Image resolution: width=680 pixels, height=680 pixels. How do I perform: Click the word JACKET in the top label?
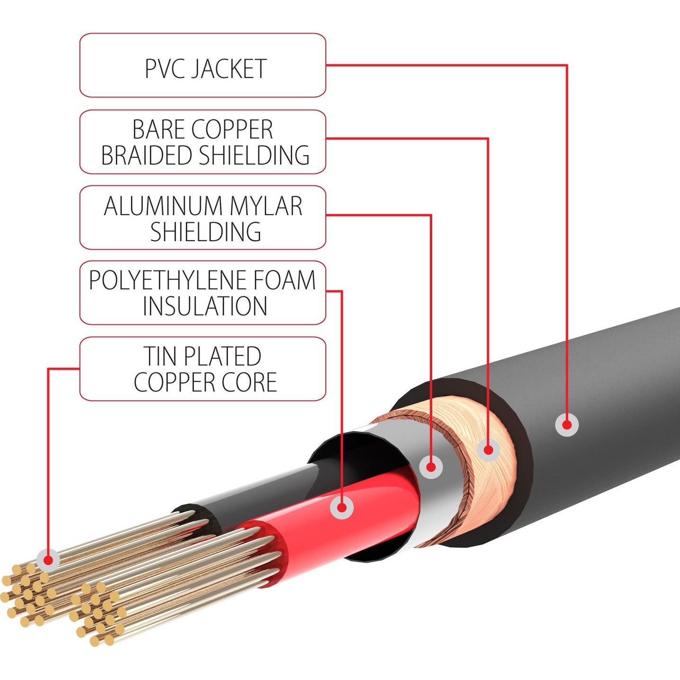(x=228, y=69)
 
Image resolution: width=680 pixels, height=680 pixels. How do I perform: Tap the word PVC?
(x=164, y=69)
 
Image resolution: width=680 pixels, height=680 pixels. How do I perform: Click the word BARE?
(x=158, y=130)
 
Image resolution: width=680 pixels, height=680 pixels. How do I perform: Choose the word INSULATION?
(x=205, y=306)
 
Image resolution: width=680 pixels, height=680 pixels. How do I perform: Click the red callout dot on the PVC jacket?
(x=567, y=425)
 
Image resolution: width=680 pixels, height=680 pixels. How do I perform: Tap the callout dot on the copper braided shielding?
(x=488, y=450)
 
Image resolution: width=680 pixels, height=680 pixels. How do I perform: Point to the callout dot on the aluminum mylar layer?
(x=431, y=467)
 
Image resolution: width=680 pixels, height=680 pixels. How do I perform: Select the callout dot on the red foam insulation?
(x=341, y=508)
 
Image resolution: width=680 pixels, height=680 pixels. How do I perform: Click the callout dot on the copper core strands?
(x=48, y=560)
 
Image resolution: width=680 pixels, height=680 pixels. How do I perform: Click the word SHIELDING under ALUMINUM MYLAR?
(x=206, y=231)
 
